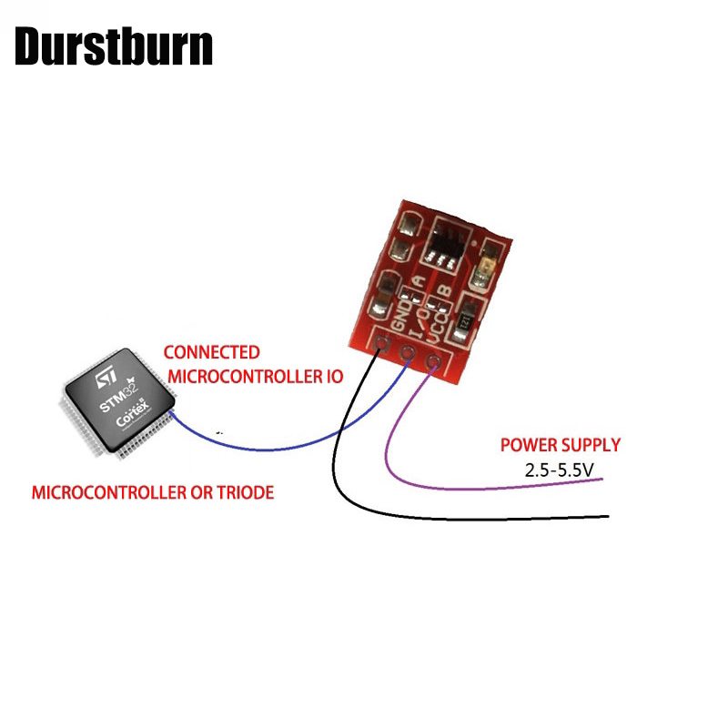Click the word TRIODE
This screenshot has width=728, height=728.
click(x=241, y=493)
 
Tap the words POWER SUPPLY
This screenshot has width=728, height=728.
click(x=561, y=445)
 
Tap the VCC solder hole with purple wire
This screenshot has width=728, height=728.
click(x=431, y=363)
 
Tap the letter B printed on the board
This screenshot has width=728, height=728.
click(x=445, y=290)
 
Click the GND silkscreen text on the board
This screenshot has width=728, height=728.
click(x=398, y=316)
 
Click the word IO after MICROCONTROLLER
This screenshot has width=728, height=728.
click(x=331, y=376)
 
